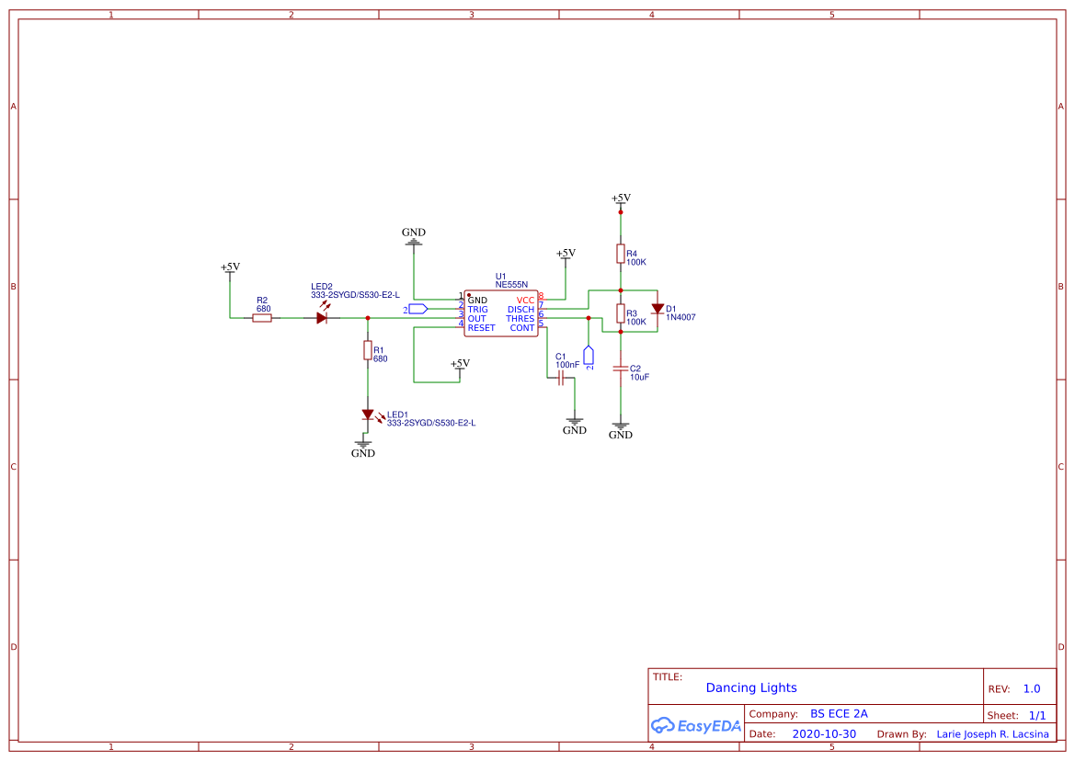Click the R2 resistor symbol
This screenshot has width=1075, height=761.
tap(262, 318)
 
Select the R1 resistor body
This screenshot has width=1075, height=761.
tap(367, 350)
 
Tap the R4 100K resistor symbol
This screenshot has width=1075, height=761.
tap(621, 254)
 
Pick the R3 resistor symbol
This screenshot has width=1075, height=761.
tap(621, 313)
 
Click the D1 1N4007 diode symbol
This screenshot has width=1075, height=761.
tap(658, 309)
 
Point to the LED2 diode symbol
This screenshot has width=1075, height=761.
tap(322, 317)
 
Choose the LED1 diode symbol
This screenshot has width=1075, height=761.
tap(367, 415)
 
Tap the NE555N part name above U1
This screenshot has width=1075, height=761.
tap(511, 285)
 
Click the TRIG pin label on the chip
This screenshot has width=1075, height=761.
tap(477, 310)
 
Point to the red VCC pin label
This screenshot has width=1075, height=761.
tap(525, 301)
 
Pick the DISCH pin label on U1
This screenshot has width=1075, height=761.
tap(520, 310)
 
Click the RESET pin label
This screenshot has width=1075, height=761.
tap(481, 328)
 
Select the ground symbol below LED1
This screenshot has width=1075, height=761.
tap(363, 444)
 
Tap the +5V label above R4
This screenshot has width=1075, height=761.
tap(621, 199)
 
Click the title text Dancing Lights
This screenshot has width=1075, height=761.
tap(751, 687)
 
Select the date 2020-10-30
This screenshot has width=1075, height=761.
tap(824, 734)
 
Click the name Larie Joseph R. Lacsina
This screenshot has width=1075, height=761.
tap(991, 734)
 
